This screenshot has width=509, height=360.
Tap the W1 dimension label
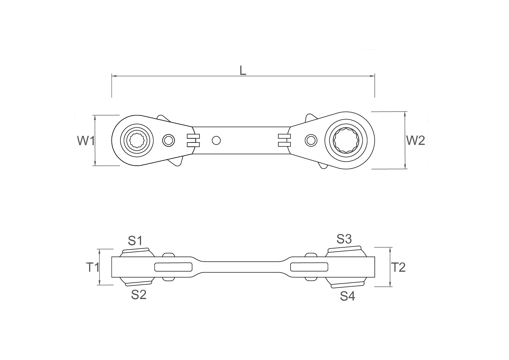point(86,141)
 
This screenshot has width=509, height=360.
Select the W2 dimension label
point(416,141)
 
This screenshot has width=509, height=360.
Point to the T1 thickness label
point(93,267)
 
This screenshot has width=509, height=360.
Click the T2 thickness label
point(398,267)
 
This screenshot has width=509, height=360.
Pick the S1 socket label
point(135,240)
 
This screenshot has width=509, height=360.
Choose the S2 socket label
point(139,295)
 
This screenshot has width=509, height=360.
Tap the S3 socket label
point(344,239)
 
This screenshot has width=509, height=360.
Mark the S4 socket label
point(348,296)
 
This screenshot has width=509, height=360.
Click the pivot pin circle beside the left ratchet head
point(168,141)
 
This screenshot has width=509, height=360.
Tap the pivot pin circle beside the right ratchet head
point(311,141)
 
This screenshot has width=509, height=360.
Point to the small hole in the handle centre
point(216,141)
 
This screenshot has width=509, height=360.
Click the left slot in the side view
point(173,267)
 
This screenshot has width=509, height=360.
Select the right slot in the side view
point(309,267)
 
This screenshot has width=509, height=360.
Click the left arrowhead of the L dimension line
point(114,76)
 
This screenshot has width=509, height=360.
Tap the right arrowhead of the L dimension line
point(372,76)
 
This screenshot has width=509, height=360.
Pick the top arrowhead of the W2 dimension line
point(405,114)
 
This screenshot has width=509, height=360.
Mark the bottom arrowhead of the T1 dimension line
point(100,282)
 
